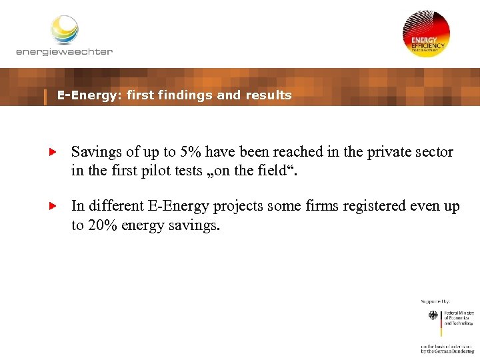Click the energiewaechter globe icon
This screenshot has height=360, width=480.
pyautogui.click(x=65, y=30)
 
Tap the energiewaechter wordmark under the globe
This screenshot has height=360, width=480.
pyautogui.click(x=64, y=51)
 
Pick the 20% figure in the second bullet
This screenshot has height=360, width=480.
pyautogui.click(x=102, y=225)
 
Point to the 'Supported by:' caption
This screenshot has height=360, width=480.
pyautogui.click(x=435, y=302)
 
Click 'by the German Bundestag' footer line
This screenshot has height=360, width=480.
pyautogui.click(x=447, y=351)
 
